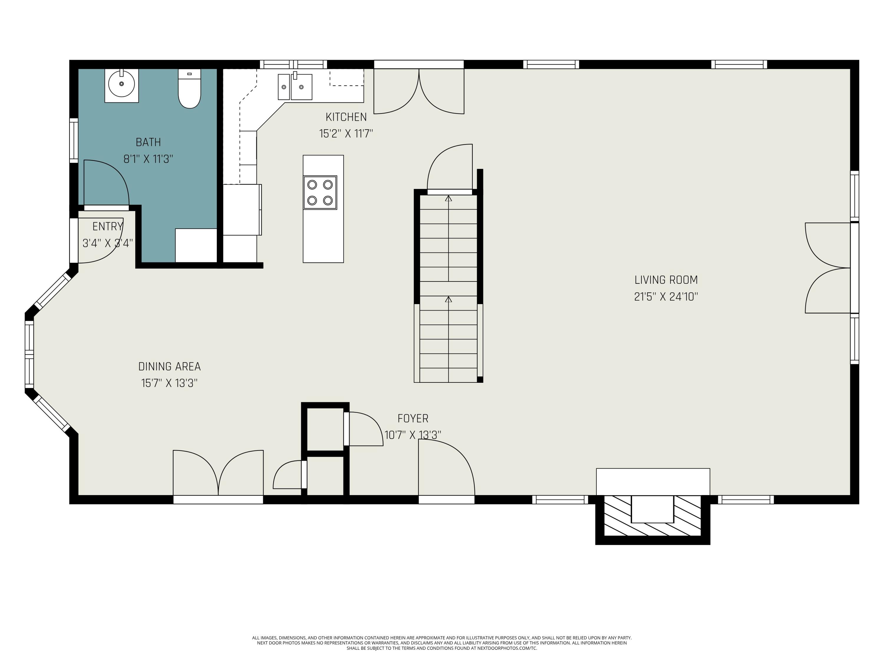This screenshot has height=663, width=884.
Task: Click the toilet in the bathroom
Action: point(189,88)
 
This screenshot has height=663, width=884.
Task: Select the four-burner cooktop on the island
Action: point(320,193)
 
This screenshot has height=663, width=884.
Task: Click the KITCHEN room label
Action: point(346,117)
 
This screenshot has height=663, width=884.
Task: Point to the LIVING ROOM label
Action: point(666,280)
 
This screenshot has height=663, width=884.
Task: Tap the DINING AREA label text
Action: point(169,367)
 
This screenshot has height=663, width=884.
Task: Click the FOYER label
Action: point(413,418)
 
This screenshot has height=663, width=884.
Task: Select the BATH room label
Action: point(148,142)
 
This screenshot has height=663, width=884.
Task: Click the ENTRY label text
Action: point(108,227)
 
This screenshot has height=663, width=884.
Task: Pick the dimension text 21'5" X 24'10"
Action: point(666,296)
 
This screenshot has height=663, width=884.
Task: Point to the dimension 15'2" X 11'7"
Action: point(346,133)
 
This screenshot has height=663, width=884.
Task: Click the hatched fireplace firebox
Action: point(653,516)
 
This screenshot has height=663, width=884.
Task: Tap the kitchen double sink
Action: point(295,86)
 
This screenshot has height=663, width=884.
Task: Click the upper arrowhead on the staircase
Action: point(448,198)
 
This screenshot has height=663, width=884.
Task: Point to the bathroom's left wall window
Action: point(74,140)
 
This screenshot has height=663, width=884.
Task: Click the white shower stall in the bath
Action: point(196,245)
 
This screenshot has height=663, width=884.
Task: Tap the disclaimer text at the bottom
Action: point(442,643)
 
